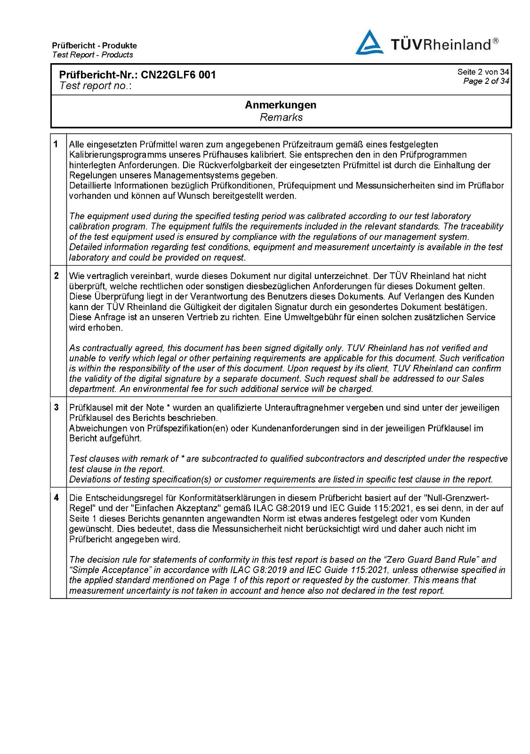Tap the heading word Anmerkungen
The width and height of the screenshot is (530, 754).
(281, 105)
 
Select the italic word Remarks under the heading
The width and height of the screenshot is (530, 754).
(281, 117)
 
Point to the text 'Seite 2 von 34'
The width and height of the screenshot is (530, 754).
(483, 72)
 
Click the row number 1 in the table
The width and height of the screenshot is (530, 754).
(56, 144)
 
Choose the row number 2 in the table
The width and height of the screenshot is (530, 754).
(56, 276)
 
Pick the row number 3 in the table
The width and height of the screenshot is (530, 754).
(56, 407)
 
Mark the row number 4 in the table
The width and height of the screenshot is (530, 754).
(56, 498)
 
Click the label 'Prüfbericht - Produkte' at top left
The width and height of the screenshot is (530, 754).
(95, 46)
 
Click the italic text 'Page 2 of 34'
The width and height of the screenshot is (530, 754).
(486, 81)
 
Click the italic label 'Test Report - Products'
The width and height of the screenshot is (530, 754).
(93, 55)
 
